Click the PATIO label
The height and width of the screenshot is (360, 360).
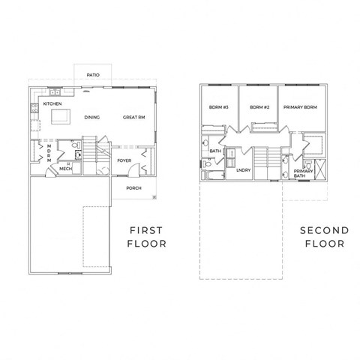point(94,75)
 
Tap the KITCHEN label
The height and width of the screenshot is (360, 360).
point(52,103)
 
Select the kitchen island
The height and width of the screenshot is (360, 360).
point(60,116)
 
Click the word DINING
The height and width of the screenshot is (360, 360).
point(92,118)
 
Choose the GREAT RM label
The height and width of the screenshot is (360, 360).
point(133,118)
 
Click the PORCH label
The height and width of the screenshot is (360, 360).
point(134,187)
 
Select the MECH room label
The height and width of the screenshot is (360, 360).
point(64,169)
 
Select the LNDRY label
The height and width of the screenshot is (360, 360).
point(242,170)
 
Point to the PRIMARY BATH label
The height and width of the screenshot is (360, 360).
point(304,173)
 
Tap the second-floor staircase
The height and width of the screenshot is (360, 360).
point(262,163)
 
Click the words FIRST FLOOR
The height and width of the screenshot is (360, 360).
point(147,236)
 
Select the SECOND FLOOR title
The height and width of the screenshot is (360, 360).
point(324,236)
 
